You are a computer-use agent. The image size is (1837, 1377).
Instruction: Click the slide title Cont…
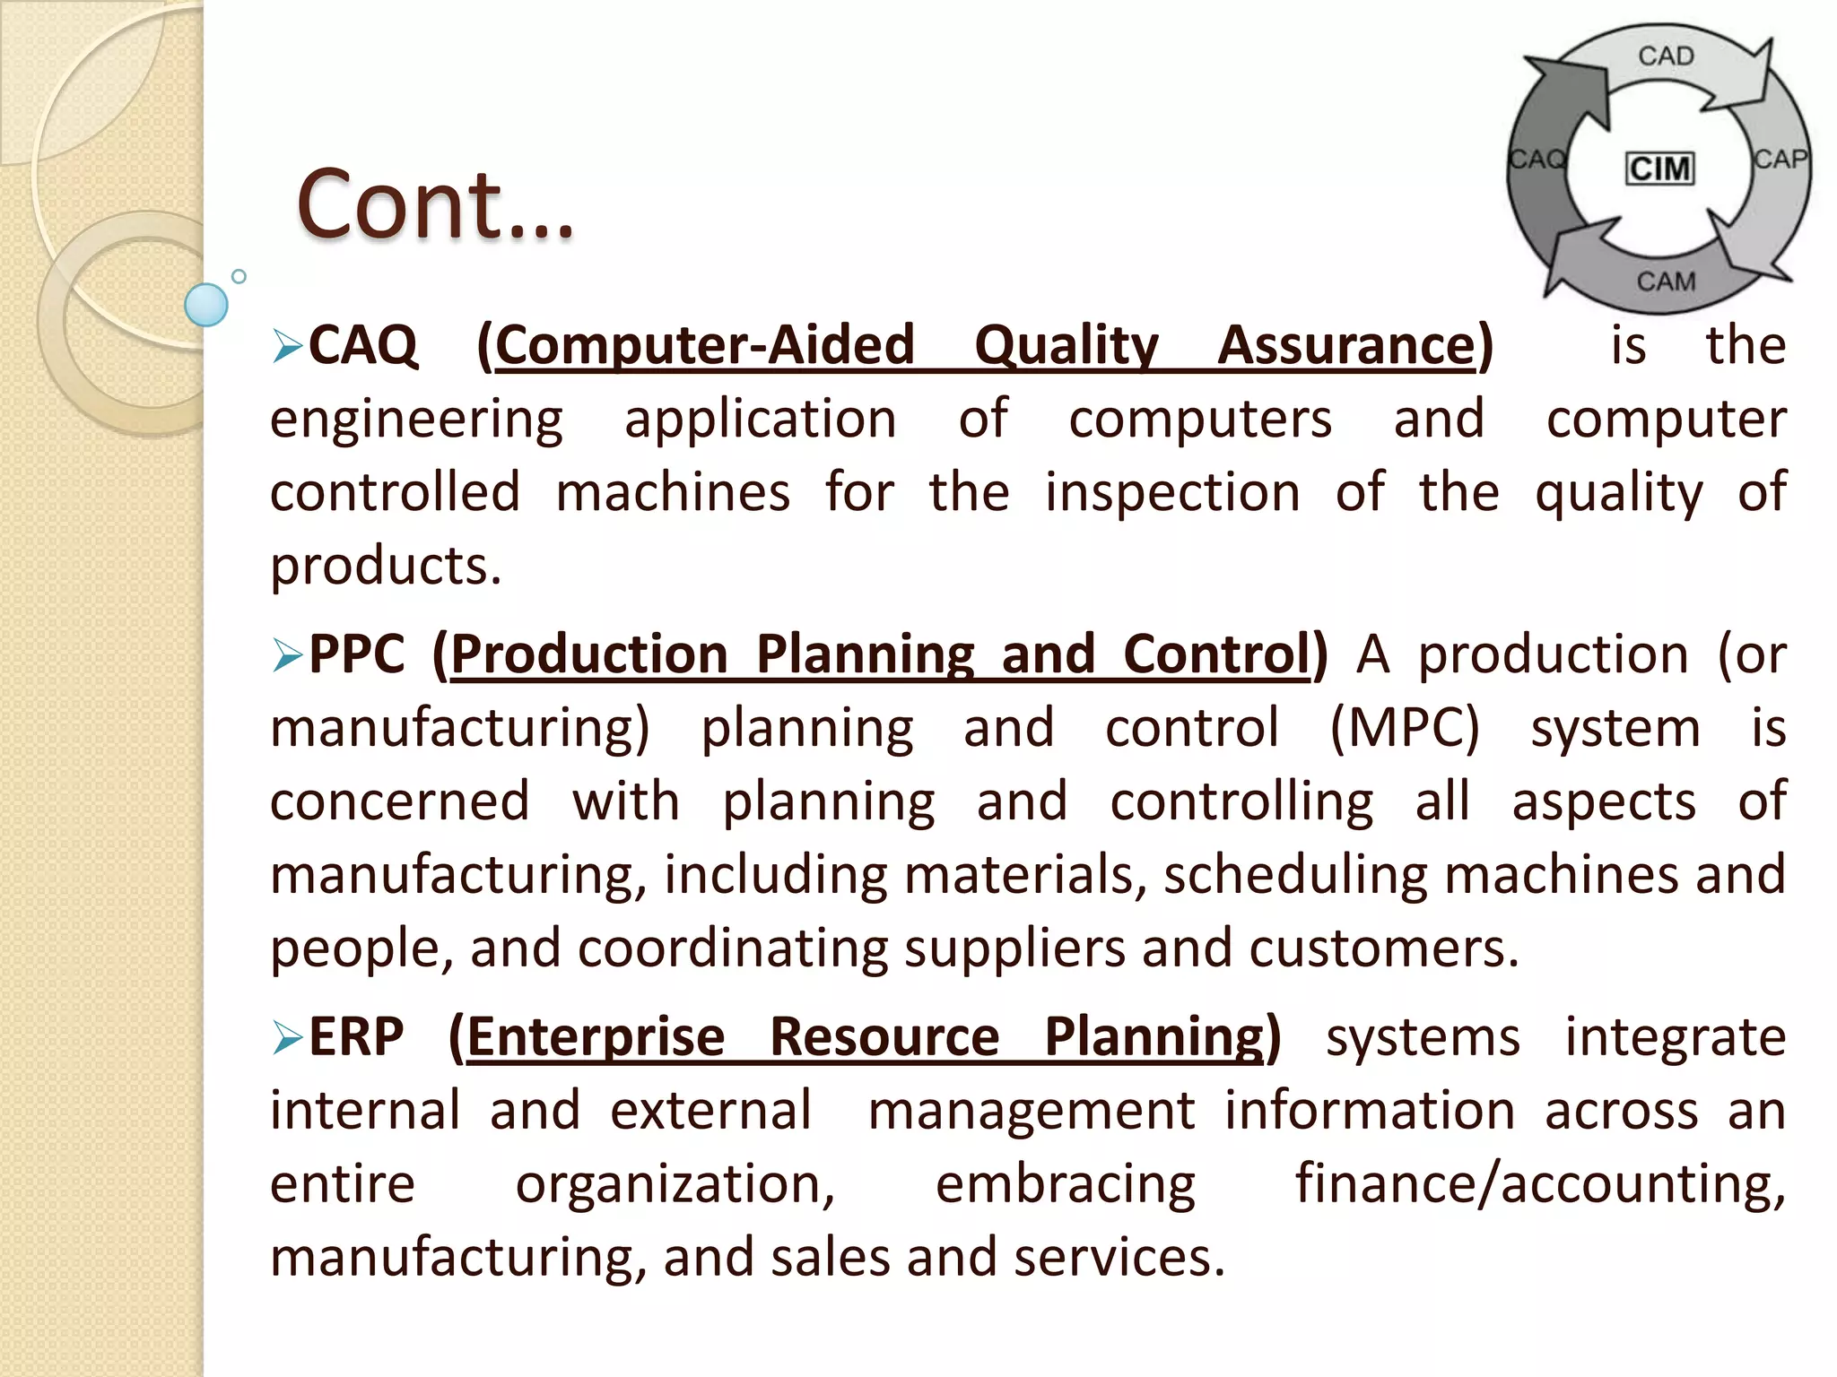click(x=435, y=205)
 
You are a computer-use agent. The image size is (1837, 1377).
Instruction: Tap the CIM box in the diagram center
click(x=1660, y=169)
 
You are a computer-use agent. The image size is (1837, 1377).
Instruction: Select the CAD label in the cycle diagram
click(x=1666, y=56)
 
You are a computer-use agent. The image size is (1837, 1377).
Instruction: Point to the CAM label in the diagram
click(x=1666, y=281)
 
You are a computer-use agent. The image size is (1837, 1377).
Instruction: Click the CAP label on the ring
click(x=1780, y=160)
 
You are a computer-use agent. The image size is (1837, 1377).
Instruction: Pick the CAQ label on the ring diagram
click(x=1537, y=160)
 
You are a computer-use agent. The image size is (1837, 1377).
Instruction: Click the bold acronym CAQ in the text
click(x=363, y=345)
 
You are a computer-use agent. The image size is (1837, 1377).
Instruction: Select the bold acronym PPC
click(x=357, y=654)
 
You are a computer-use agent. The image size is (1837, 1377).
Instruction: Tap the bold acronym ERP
click(x=356, y=1037)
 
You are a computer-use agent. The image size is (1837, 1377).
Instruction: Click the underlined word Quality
click(x=1067, y=346)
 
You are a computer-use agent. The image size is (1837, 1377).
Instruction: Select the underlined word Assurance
click(x=1345, y=345)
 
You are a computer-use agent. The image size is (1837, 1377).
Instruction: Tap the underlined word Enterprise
click(x=596, y=1038)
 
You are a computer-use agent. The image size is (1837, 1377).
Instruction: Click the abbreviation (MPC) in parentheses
click(x=1404, y=728)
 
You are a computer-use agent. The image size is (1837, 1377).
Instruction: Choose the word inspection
click(x=1172, y=492)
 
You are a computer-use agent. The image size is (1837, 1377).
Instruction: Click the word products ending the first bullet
click(x=386, y=567)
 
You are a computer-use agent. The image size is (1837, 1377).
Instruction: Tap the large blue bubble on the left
click(x=206, y=305)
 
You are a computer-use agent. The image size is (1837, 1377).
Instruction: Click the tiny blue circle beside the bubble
click(x=239, y=276)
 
